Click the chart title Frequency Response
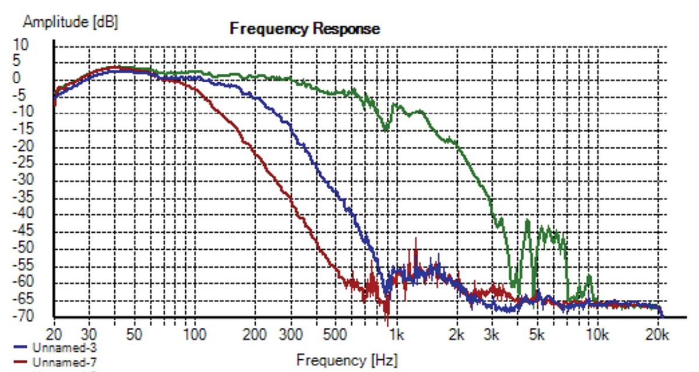point(305,29)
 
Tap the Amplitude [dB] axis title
point(70,22)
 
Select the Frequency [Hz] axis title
point(347,360)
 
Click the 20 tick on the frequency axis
point(54,335)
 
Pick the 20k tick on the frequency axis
point(657,335)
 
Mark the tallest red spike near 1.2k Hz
point(416,239)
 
